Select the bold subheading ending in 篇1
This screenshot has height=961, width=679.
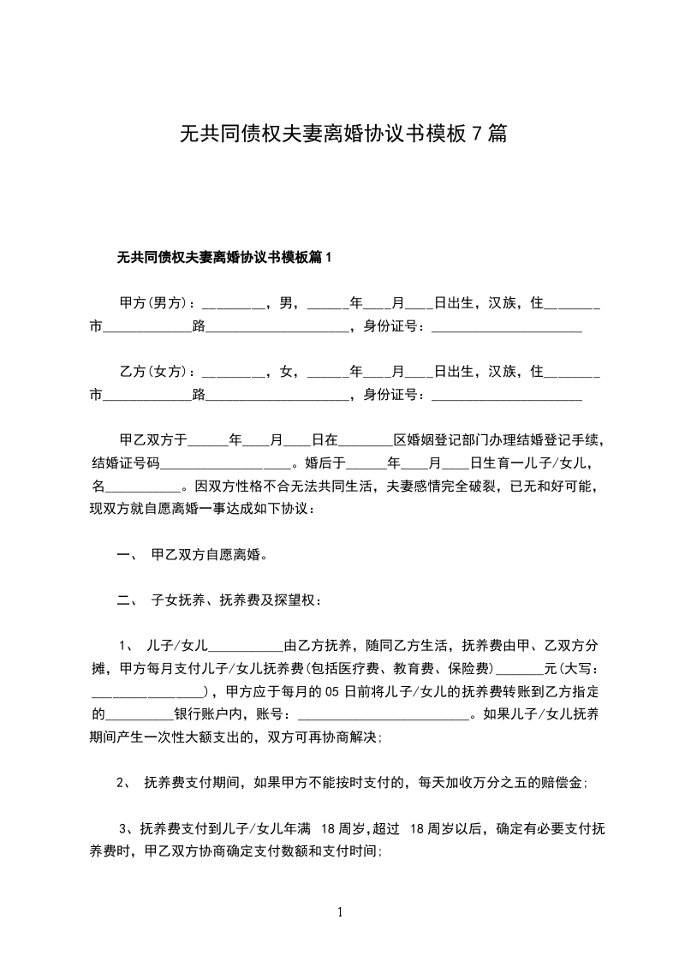[223, 257]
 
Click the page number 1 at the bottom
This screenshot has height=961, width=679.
[340, 911]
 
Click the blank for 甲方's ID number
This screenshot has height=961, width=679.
[506, 326]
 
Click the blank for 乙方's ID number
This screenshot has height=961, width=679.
[506, 395]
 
